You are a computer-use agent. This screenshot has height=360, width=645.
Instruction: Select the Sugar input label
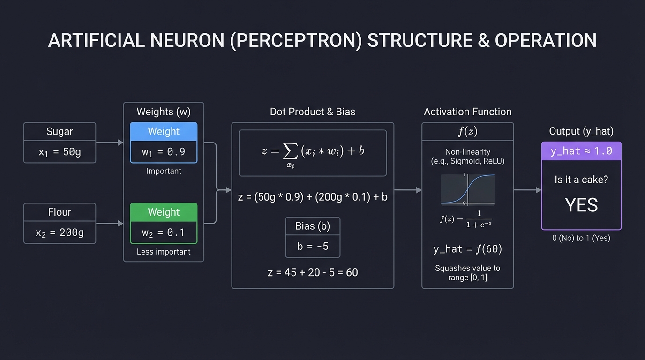(60, 132)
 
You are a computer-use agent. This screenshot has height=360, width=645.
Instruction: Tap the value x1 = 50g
(60, 152)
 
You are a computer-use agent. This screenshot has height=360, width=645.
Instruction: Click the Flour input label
(60, 212)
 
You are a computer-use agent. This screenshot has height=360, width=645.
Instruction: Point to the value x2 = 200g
(60, 232)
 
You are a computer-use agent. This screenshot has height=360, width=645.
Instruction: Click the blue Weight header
(164, 132)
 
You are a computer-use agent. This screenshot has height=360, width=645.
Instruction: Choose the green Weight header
(164, 212)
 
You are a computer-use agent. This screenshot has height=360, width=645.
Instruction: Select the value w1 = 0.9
(164, 152)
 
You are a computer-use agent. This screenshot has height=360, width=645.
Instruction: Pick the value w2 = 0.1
(164, 232)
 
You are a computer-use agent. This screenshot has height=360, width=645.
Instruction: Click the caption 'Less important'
(164, 252)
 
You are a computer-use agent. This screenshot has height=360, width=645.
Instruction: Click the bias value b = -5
(313, 246)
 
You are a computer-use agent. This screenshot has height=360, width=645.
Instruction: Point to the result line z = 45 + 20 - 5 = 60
(313, 272)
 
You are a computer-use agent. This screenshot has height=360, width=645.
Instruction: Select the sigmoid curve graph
(467, 189)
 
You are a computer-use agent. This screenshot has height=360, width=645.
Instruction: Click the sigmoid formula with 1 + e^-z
(466, 219)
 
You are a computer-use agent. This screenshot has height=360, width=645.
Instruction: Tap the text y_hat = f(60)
(467, 249)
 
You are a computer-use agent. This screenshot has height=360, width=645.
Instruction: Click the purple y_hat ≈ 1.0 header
(581, 151)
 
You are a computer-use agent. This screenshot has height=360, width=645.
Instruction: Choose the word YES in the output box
(581, 205)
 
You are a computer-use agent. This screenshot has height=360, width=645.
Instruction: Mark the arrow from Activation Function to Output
(527, 190)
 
